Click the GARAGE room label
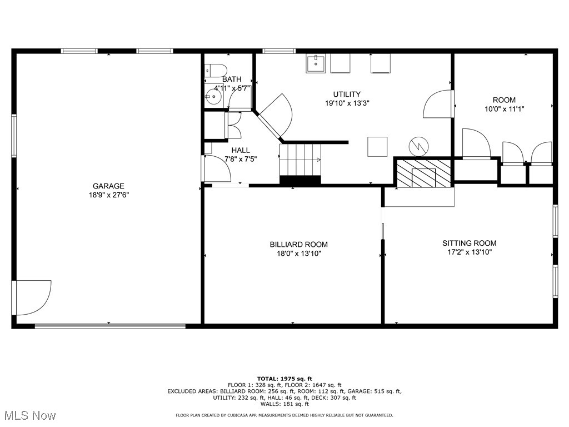(108, 186)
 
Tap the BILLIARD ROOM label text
(298, 245)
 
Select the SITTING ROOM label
(469, 243)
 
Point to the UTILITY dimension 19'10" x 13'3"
(347, 103)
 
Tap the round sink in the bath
(213, 96)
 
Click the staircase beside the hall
(301, 160)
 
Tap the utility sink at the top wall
(316, 63)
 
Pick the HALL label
(241, 150)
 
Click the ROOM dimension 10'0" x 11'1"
(504, 110)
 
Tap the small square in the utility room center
(377, 147)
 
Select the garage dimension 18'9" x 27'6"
(108, 195)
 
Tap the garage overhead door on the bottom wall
(110, 326)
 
